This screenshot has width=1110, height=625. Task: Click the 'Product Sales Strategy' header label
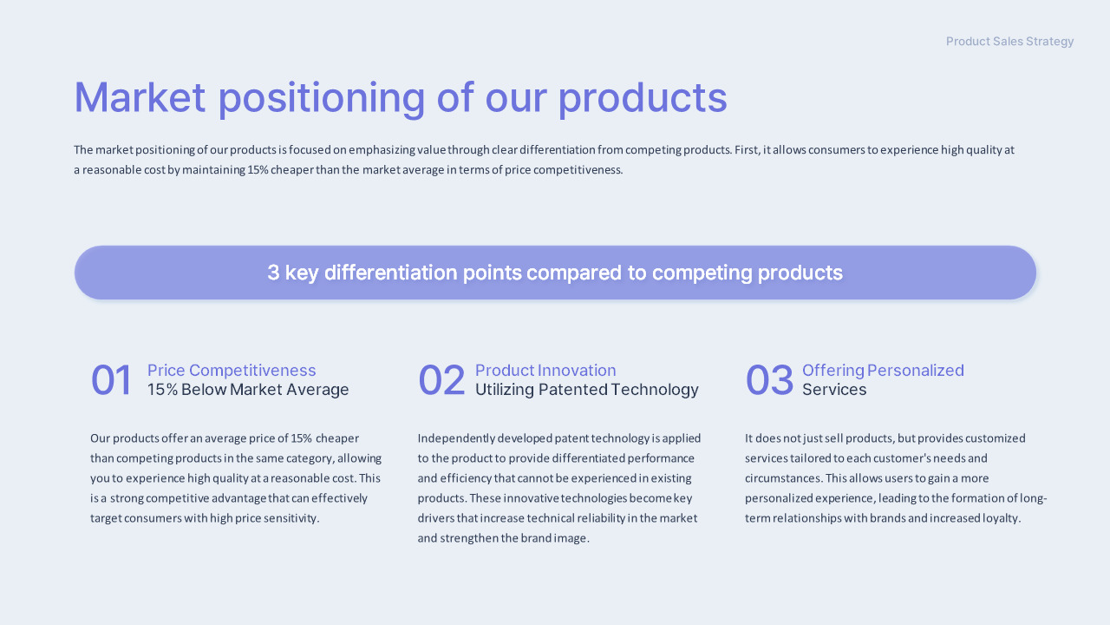tap(1009, 41)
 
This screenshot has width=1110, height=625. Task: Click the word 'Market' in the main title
tap(140, 97)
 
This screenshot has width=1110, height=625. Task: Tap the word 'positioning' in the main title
tap(322, 99)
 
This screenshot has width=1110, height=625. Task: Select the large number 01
tap(111, 380)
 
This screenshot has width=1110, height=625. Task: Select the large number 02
tap(441, 380)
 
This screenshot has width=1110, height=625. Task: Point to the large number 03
tap(769, 380)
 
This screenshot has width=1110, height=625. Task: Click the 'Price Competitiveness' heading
tap(232, 370)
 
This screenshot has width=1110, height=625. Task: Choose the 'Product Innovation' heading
tap(545, 370)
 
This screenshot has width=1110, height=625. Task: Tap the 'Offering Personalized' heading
tap(883, 371)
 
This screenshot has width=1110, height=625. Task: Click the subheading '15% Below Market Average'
tap(248, 390)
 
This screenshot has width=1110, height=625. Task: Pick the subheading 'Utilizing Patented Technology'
tap(587, 390)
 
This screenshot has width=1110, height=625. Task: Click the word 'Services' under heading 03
tap(834, 390)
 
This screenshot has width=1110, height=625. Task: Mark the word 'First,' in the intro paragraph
tap(747, 150)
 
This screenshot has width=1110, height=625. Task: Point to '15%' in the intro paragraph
tap(258, 169)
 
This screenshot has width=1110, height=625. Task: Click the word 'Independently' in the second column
tap(456, 438)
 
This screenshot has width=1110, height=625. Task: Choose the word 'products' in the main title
tap(643, 99)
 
